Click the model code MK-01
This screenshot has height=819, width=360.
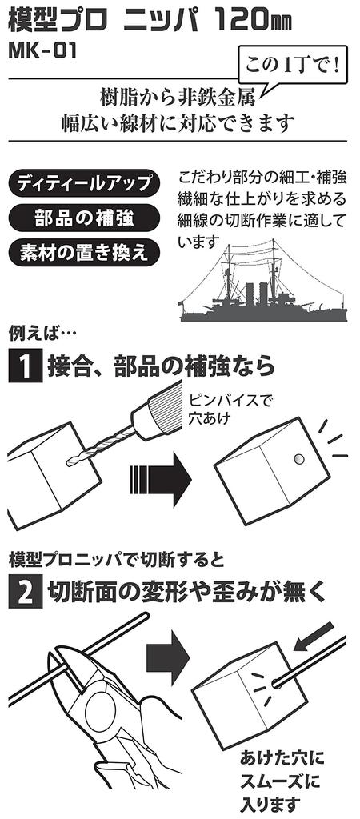point(43,50)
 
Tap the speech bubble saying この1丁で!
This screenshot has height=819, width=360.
point(293,67)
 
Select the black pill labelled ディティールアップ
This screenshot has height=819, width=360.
point(84,183)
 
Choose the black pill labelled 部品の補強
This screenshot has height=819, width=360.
point(84,218)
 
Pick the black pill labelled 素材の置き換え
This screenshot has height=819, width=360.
point(84,252)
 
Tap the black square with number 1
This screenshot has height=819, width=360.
point(25,366)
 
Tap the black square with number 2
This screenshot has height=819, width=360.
point(25,592)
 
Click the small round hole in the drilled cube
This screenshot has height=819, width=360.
point(299,459)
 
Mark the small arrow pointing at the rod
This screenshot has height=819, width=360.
point(314,636)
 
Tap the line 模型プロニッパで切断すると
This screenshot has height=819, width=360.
point(117,561)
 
